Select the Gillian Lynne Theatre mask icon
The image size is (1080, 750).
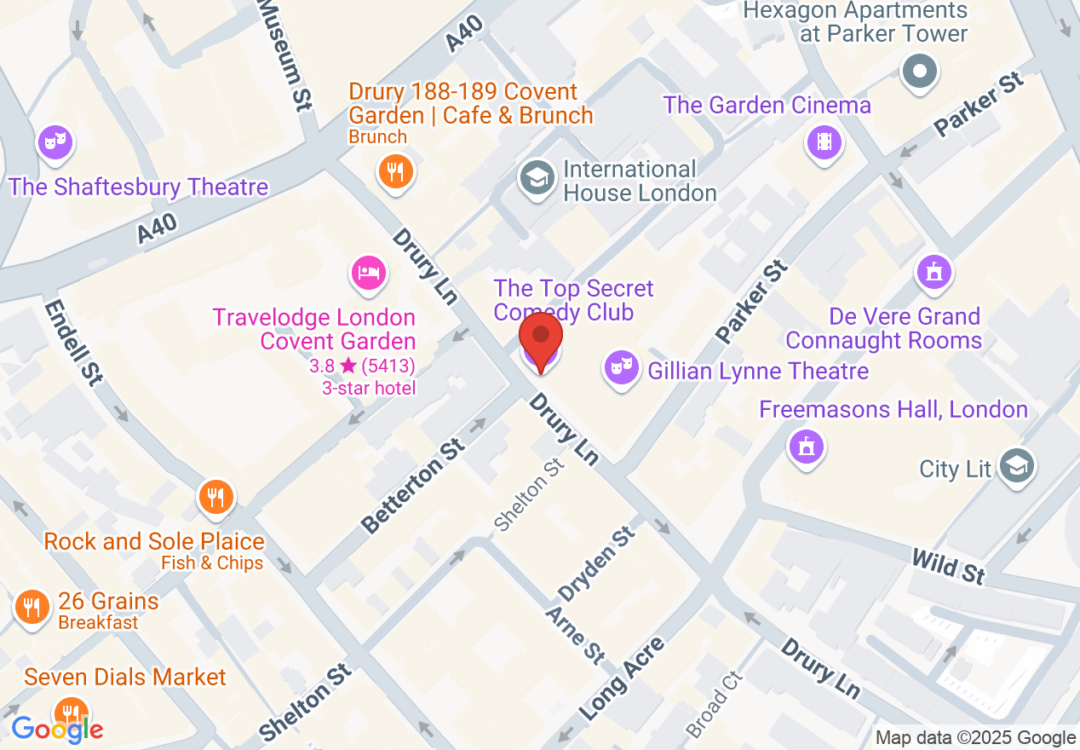[621, 368]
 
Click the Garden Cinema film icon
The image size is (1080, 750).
[824, 141]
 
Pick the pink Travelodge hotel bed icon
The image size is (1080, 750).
[369, 273]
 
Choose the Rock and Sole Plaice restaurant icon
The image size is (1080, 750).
[215, 496]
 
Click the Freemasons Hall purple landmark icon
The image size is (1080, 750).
[805, 445]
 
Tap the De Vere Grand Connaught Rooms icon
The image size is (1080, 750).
[934, 273]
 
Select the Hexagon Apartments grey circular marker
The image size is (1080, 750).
[920, 71]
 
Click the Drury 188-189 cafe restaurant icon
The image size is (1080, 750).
[394, 171]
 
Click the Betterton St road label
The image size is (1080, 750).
[412, 486]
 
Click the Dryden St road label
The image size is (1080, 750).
[596, 563]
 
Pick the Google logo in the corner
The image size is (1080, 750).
[57, 729]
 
